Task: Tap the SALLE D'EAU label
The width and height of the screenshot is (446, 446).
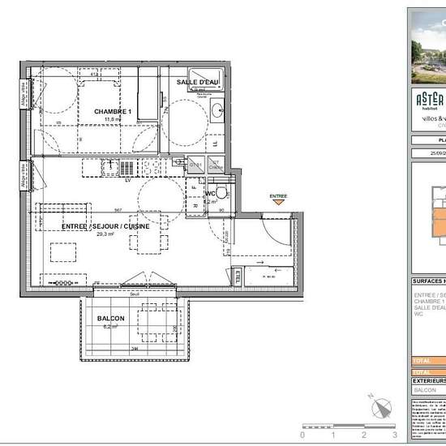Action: click(199, 82)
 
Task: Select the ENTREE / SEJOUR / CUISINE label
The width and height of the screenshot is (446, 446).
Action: click(105, 226)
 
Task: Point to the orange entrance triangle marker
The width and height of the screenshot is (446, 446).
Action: click(278, 202)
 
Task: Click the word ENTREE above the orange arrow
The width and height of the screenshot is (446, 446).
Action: click(278, 195)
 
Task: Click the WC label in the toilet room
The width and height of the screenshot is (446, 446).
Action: click(210, 194)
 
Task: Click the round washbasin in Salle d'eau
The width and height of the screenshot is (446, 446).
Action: click(217, 110)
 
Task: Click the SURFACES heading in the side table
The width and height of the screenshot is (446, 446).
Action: click(428, 282)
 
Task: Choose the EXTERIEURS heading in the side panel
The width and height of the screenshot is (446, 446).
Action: click(428, 380)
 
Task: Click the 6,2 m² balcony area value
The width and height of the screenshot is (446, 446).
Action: click(110, 326)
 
